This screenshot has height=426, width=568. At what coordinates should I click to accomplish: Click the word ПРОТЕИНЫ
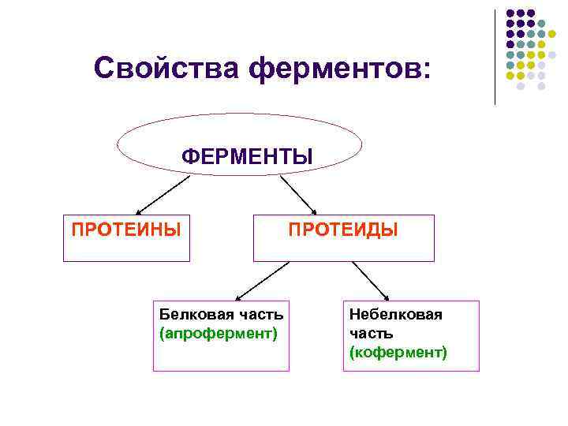point(126,230)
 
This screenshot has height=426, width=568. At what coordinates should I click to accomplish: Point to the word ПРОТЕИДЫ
point(343,230)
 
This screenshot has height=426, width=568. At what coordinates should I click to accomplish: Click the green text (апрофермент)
point(219,334)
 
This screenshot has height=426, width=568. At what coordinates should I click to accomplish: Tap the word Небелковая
point(396,316)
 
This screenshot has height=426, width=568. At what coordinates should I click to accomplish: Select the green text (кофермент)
point(398,352)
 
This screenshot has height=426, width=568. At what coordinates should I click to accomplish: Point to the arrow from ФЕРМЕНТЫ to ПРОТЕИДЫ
point(297,194)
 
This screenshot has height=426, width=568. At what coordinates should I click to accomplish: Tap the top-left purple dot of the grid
point(510,13)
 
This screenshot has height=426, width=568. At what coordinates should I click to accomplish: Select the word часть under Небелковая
point(371,334)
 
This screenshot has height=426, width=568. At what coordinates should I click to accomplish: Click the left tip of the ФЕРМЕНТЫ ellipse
point(118,145)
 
